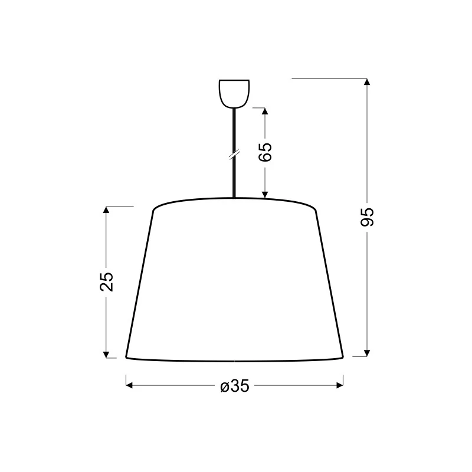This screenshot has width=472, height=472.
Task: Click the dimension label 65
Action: coord(265,152)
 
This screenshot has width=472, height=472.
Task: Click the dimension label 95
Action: coord(367,217)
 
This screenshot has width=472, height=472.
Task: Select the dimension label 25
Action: coord(106,281)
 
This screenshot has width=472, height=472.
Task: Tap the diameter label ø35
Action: coord(235,386)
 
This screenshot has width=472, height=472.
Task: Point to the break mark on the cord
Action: coord(234,154)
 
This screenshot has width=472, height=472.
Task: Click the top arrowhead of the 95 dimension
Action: coord(366,82)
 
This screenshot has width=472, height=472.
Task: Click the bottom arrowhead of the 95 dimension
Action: coord(366,353)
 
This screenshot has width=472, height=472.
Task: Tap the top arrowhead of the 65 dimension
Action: coord(265,111)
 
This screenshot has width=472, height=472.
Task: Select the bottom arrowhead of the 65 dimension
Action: coord(265,195)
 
